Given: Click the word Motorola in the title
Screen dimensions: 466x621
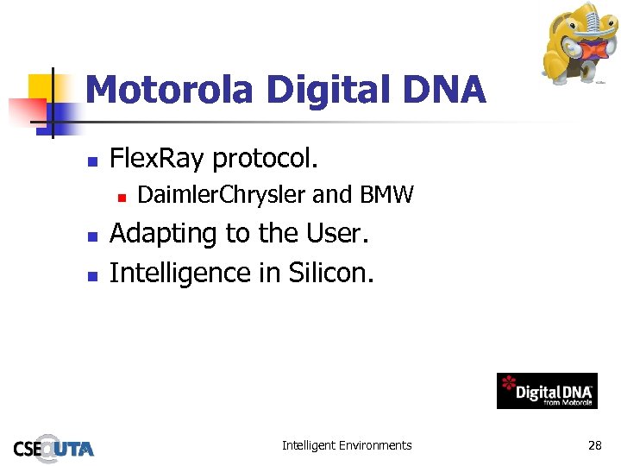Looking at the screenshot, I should (x=169, y=90).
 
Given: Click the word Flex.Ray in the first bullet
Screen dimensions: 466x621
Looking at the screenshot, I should (x=158, y=159).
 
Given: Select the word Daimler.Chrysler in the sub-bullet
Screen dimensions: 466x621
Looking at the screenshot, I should (x=222, y=196).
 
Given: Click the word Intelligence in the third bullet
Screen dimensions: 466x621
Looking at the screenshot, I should (x=181, y=274).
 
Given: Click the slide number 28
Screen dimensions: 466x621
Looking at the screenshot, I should (x=594, y=445).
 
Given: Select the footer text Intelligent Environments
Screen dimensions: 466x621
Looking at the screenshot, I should (x=347, y=445).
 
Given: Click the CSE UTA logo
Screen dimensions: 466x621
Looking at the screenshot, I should (x=53, y=446).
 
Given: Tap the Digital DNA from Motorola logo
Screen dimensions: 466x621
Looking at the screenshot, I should (x=547, y=392).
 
